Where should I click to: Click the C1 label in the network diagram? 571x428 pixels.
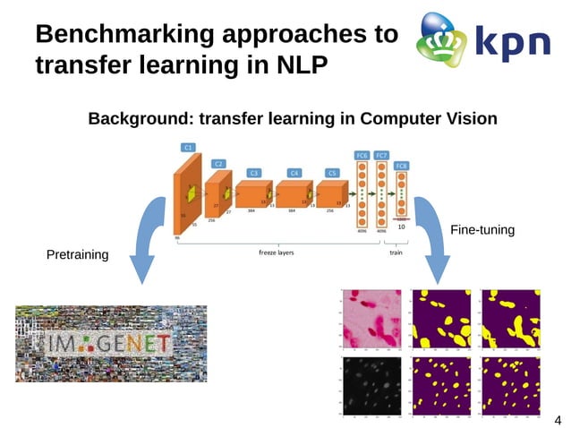(x=188, y=147)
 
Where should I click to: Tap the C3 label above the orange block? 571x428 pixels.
(x=254, y=172)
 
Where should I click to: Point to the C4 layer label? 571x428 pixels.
(x=294, y=172)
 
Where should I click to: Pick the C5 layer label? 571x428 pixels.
(x=332, y=172)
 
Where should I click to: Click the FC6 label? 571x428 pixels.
(x=362, y=156)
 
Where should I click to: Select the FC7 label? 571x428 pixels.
(x=382, y=156)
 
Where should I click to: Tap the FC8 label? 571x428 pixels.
(x=402, y=166)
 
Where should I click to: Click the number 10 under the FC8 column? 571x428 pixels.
(x=402, y=227)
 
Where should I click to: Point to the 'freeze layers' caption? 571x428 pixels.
(x=277, y=253)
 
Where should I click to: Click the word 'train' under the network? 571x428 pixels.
(x=396, y=253)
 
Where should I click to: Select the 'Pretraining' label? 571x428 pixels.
(x=77, y=255)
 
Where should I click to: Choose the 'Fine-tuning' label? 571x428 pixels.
(x=482, y=230)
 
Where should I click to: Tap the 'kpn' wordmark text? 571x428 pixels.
(x=511, y=42)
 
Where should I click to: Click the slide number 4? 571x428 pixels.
(x=558, y=419)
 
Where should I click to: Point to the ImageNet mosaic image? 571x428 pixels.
(x=111, y=343)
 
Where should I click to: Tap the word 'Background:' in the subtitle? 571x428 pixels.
(x=140, y=118)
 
